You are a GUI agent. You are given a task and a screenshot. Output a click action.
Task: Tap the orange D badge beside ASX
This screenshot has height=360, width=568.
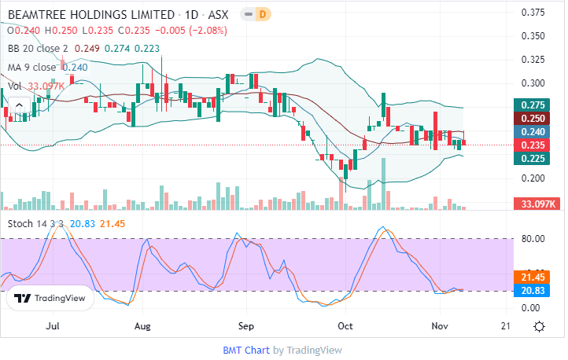[263, 15]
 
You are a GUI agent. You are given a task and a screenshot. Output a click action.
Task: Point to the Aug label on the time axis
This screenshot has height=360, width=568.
[142, 325]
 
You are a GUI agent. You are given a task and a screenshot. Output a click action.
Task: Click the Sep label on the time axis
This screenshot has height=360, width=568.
[246, 325]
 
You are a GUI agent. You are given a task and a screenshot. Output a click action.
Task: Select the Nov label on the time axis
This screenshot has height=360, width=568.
[440, 325]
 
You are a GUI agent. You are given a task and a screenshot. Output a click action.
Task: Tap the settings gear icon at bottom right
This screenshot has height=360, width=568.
[540, 326]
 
